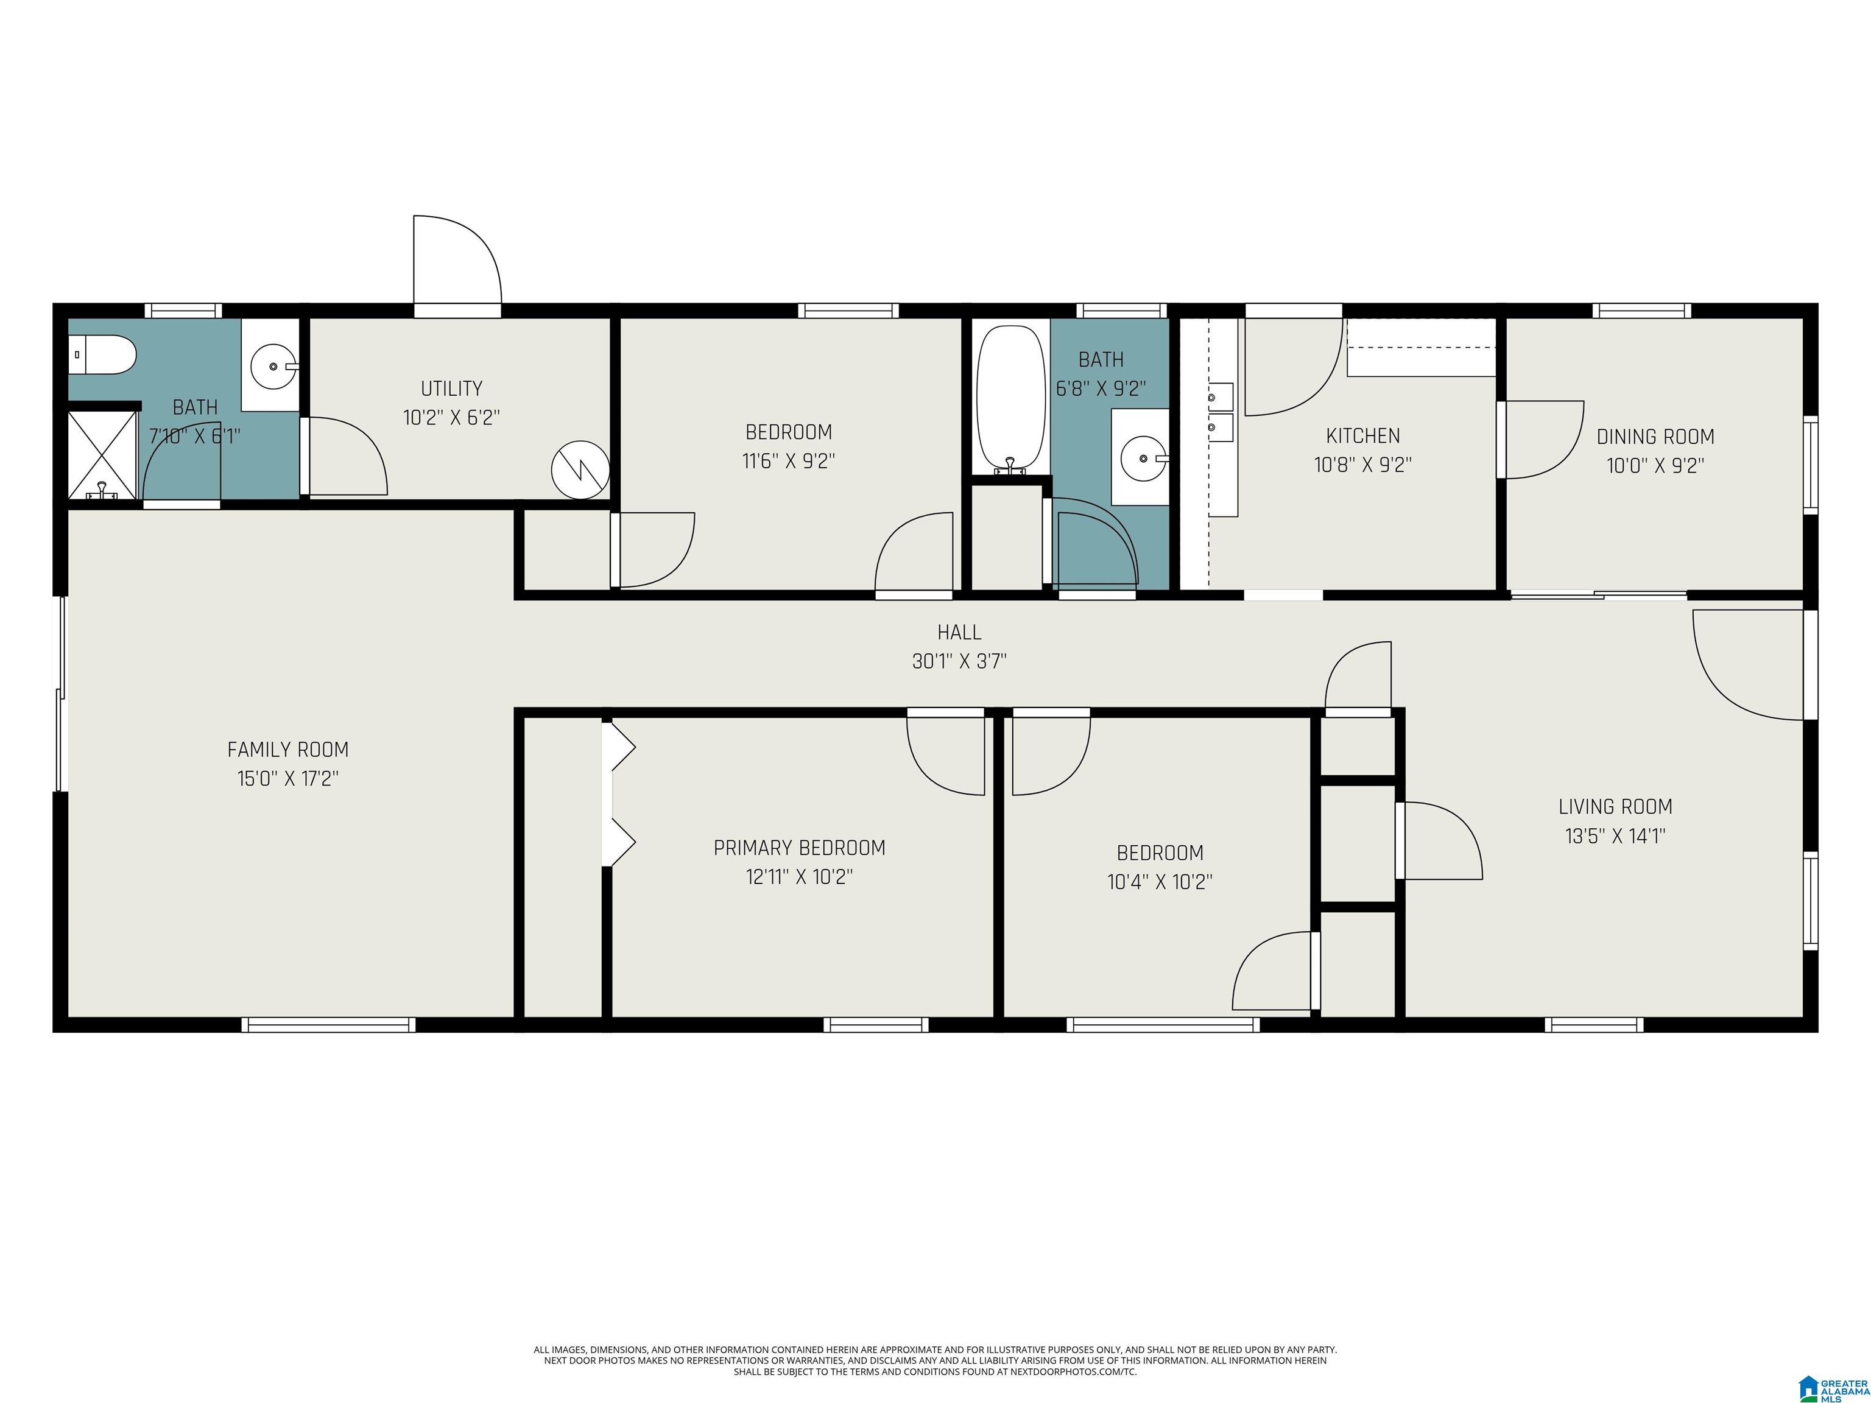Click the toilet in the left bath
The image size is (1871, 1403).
pyautogui.click(x=102, y=354)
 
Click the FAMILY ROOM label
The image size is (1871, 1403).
pyautogui.click(x=287, y=749)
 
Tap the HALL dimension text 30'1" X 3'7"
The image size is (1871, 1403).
pyautogui.click(x=959, y=661)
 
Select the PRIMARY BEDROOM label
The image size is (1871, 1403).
pyautogui.click(x=799, y=848)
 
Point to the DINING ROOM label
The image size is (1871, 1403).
pyautogui.click(x=1655, y=437)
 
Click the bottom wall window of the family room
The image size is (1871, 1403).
pyautogui.click(x=328, y=1024)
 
